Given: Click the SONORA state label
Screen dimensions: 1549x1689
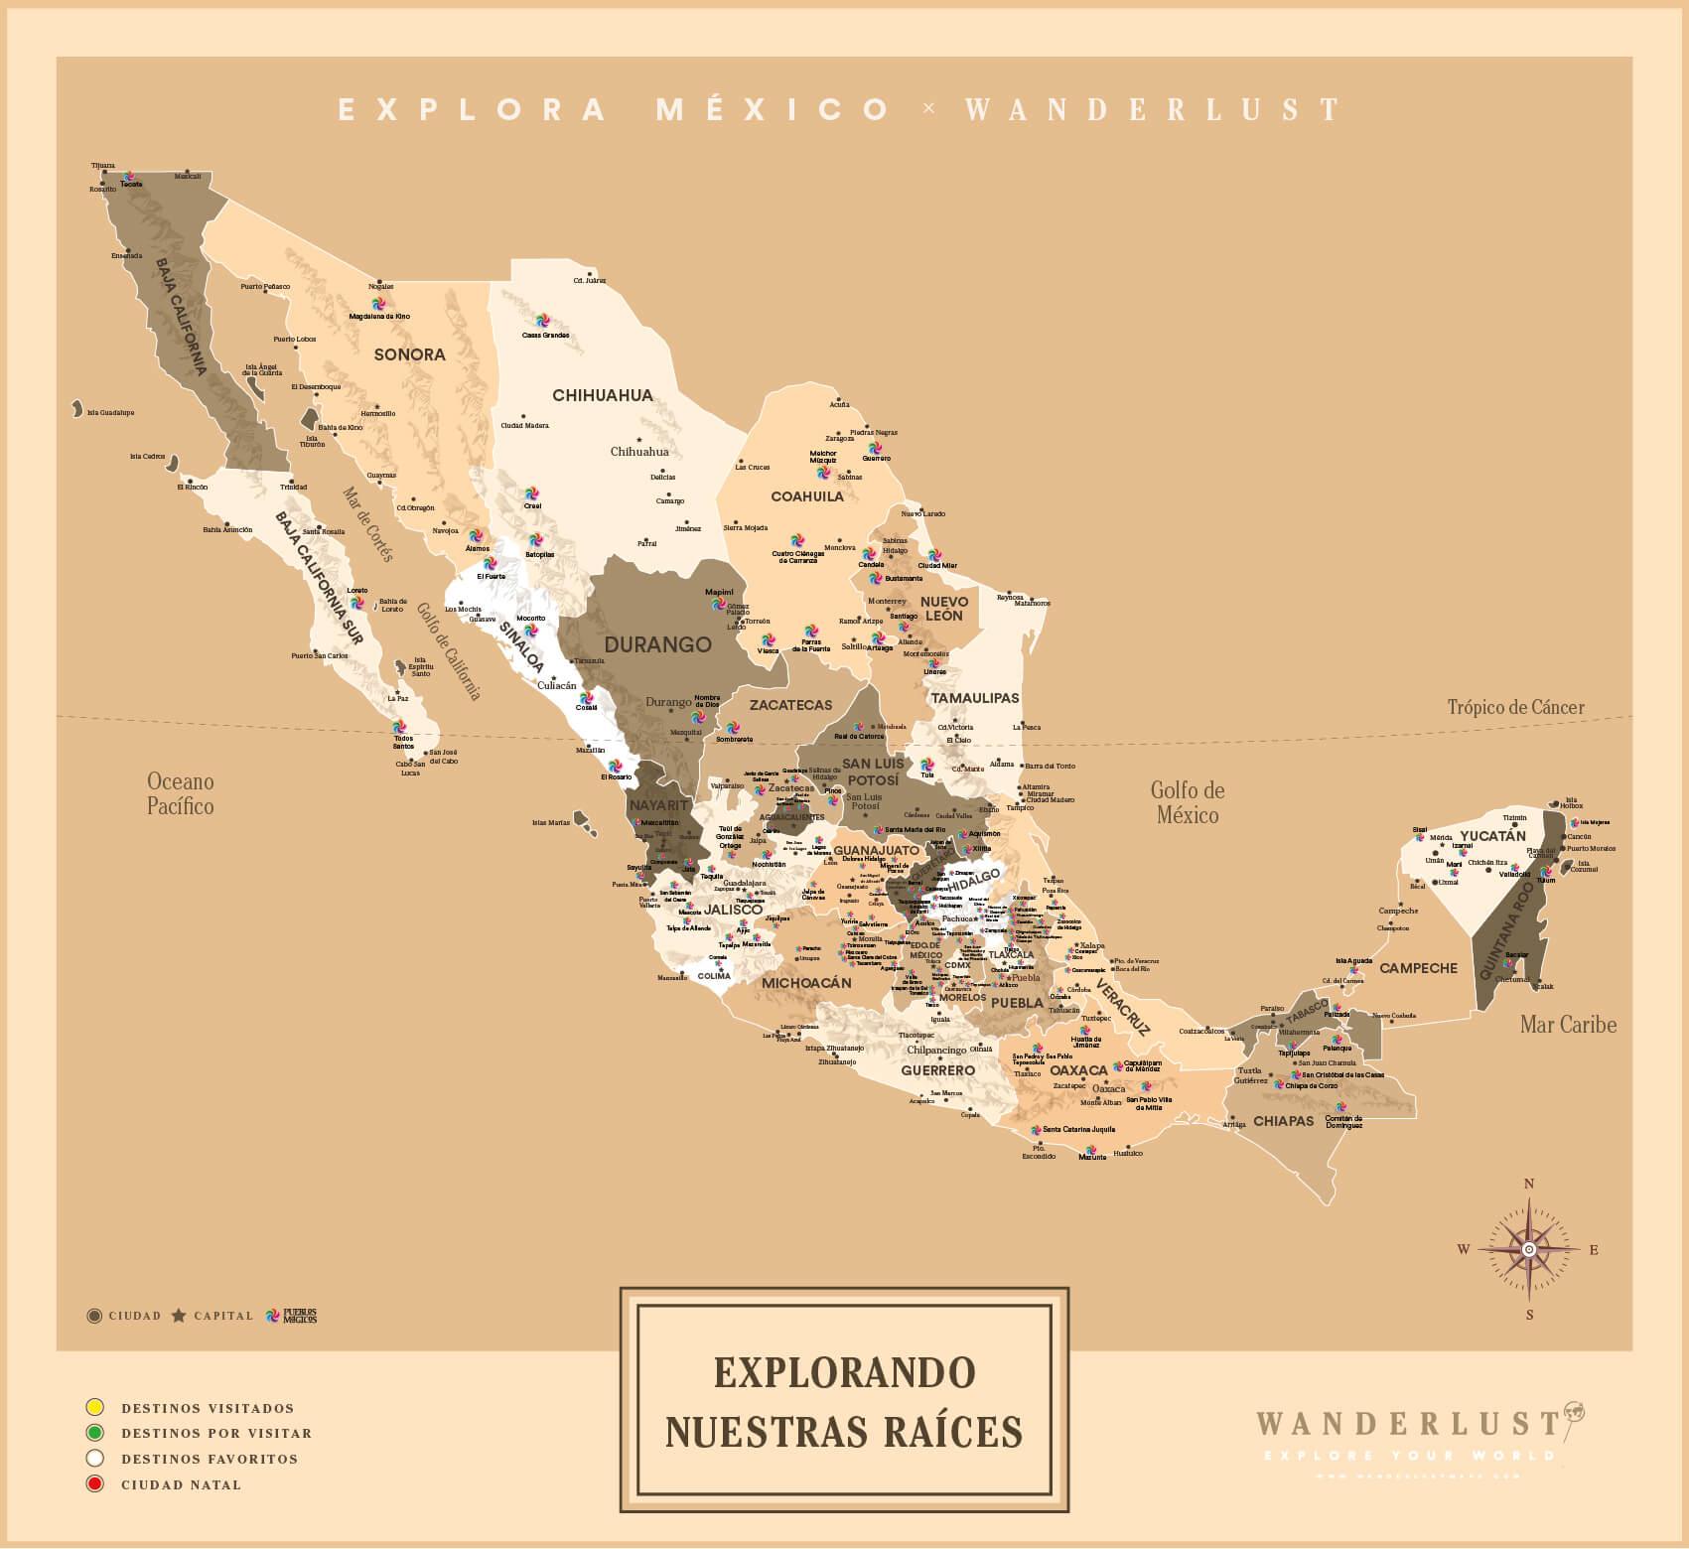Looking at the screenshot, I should tap(409, 354).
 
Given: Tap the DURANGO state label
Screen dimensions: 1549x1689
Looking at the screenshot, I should tap(657, 644).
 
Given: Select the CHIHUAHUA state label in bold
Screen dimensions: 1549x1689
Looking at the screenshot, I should tap(603, 395).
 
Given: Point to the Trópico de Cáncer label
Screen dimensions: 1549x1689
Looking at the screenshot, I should tap(1515, 707).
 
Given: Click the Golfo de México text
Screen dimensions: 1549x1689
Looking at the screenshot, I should tap(1188, 802).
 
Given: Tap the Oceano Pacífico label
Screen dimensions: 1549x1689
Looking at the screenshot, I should tap(180, 793).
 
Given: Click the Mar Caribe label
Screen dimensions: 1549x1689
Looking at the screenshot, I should tap(1568, 1024).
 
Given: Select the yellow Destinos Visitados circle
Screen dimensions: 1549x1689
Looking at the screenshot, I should tap(95, 1407).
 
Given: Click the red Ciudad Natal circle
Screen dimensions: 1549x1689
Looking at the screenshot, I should tap(95, 1484).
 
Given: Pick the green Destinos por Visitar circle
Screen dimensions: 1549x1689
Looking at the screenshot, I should tap(95, 1433).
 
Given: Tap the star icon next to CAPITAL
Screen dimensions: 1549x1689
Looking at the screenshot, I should tap(179, 1316).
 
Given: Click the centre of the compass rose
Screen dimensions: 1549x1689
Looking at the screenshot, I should tap(1529, 1249).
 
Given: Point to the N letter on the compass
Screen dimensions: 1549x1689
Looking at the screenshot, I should tap(1529, 1183).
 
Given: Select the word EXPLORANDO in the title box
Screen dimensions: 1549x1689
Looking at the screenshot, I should tap(844, 1372).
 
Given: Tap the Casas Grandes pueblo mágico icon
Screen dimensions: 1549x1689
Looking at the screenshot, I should tap(542, 321).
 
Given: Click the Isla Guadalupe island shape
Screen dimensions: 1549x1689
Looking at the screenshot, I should tap(76, 408).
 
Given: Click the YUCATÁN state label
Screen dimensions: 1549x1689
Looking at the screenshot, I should tap(1492, 836).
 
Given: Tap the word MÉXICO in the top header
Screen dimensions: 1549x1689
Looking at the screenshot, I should tap(773, 109).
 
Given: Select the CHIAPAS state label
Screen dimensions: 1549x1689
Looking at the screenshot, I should tap(1283, 1120).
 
